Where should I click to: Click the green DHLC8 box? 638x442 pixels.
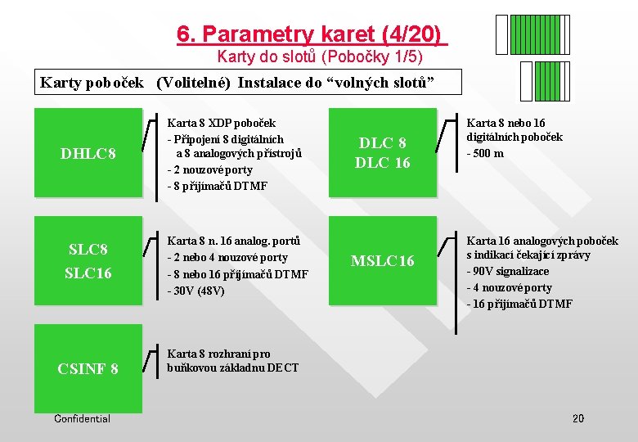click(88, 153)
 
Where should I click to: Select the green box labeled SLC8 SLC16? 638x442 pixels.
click(88, 260)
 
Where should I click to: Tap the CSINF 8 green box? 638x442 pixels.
click(88, 368)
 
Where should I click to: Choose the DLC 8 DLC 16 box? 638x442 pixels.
click(383, 153)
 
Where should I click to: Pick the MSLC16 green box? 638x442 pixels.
click(383, 260)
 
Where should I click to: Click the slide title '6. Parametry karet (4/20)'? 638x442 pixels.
click(312, 34)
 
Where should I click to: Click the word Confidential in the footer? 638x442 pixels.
click(82, 419)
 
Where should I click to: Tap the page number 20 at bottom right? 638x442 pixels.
click(577, 419)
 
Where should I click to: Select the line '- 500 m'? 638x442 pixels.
click(485, 153)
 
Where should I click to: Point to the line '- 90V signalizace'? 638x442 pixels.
click(508, 272)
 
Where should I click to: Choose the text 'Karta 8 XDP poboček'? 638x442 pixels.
click(222, 123)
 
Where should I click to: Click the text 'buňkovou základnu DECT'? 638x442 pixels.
click(233, 368)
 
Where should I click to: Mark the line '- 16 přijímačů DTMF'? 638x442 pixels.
click(519, 304)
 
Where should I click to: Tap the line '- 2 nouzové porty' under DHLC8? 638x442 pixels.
click(210, 169)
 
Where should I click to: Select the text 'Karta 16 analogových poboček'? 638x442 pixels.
click(542, 241)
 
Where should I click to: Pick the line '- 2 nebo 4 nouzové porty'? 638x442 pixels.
click(227, 258)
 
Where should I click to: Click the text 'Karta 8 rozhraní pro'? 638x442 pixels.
click(219, 354)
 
